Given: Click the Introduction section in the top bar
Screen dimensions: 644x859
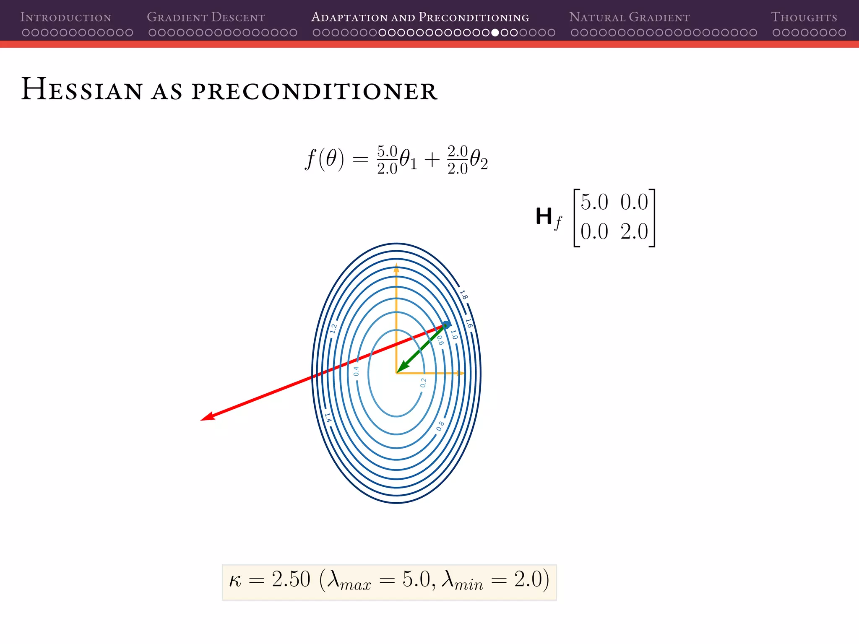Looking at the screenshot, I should click(x=66, y=17).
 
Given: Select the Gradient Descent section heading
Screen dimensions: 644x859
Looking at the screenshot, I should click(x=206, y=17).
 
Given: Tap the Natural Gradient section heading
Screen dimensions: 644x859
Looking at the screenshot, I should click(x=629, y=17).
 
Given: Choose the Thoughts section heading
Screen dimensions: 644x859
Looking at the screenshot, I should click(x=804, y=17).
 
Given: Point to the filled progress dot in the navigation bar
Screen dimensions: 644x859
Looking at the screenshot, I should click(x=495, y=33).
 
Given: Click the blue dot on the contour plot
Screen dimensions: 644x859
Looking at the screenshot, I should click(x=446, y=325).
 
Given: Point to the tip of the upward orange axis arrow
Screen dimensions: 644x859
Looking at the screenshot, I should click(x=396, y=265).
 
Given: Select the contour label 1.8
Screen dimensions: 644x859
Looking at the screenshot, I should click(x=463, y=295).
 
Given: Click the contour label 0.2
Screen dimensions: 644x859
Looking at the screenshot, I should click(x=423, y=383).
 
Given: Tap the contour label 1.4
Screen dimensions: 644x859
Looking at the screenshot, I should click(x=328, y=418).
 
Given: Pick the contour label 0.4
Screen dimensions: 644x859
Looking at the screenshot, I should click(x=356, y=371).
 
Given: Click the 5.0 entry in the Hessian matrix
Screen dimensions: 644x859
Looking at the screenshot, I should click(x=594, y=203).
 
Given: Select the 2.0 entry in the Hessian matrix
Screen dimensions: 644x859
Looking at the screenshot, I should click(x=634, y=232).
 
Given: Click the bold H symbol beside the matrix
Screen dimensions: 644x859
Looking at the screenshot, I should click(x=544, y=216).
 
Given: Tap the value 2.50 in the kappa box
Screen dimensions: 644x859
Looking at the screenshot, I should click(x=291, y=579).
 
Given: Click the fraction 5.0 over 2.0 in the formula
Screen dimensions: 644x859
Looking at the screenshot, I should click(x=387, y=160).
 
